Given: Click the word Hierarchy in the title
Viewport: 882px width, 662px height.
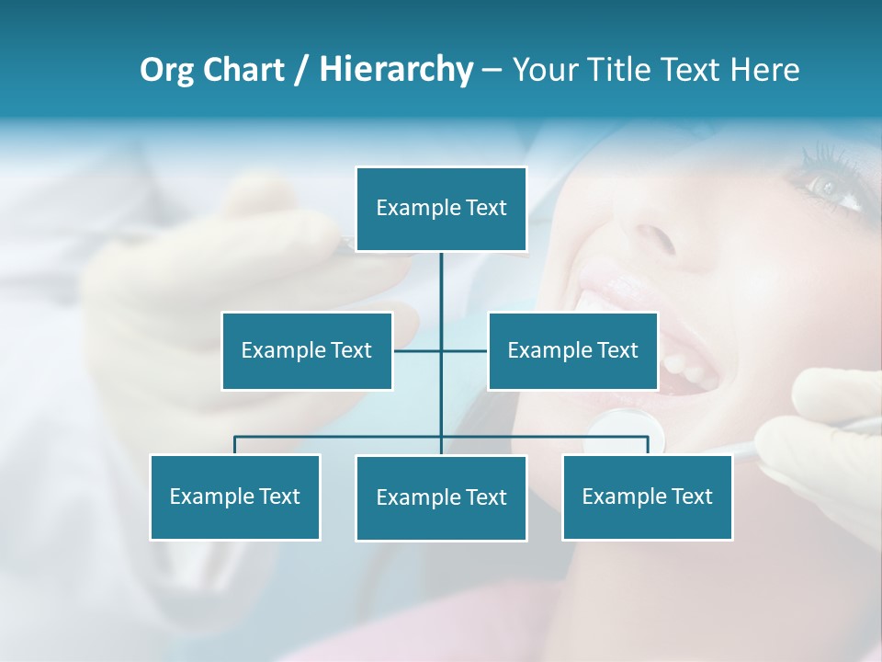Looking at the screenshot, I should point(396,70).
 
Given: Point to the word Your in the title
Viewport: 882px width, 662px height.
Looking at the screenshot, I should point(543,70).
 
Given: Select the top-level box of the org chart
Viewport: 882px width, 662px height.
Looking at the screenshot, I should point(441,209).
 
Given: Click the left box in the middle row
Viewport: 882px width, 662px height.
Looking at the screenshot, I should point(307,350).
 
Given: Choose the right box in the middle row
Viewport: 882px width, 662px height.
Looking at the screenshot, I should point(572,350).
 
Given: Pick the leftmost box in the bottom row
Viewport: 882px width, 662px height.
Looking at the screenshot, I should point(235,496).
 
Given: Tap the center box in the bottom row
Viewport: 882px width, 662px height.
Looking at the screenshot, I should point(441,497).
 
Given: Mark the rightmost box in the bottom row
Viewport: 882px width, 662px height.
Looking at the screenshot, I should point(647,496).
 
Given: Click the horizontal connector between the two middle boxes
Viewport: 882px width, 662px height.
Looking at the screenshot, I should point(418,350).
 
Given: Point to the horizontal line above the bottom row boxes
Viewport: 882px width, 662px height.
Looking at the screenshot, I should point(340,437).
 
